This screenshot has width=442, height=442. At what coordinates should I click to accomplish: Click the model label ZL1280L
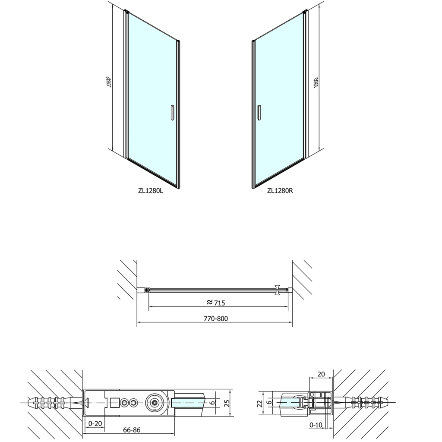pyautogui.click(x=151, y=191)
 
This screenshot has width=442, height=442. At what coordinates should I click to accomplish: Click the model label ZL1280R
pyautogui.click(x=280, y=191)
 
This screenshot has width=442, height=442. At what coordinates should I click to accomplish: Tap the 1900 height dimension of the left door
pyautogui.click(x=109, y=82)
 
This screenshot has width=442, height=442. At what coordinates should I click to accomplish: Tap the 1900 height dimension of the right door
pyautogui.click(x=316, y=82)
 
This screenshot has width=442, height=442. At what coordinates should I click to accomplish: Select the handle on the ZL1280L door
pyautogui.click(x=172, y=113)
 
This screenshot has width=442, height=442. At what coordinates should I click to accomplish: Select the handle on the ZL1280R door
pyautogui.click(x=259, y=113)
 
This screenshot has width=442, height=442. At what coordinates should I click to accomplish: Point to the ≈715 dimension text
pyautogui.click(x=216, y=303)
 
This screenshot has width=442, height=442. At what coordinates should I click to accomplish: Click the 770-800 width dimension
pyautogui.click(x=216, y=319)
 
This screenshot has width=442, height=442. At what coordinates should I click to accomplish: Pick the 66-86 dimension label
pyautogui.click(x=132, y=430)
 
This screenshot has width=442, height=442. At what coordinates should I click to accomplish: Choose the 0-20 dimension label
pyautogui.click(x=95, y=424)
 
